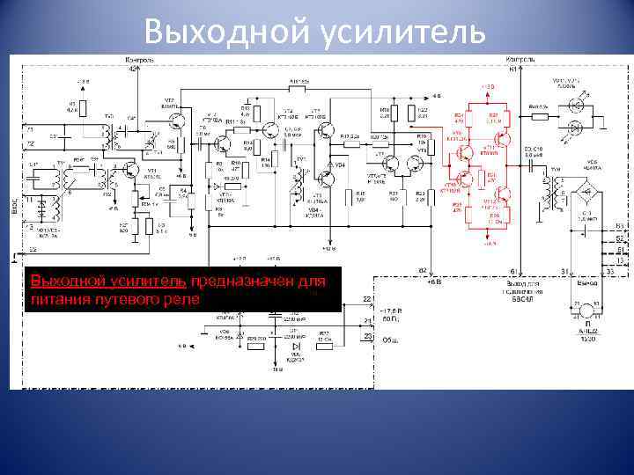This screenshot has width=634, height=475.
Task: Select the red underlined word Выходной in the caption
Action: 63,281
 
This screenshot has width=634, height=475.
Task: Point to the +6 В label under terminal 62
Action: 433,283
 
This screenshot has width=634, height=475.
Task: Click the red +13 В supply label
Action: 488,86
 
